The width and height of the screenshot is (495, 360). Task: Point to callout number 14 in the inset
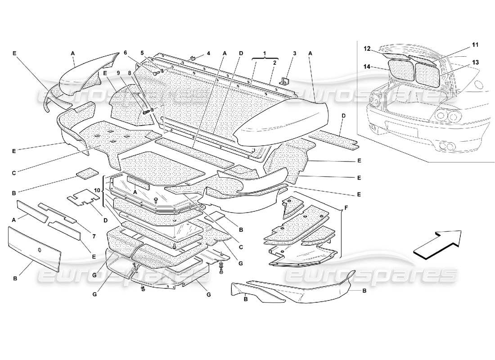click(x=367, y=66)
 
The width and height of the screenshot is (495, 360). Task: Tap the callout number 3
click(x=294, y=54)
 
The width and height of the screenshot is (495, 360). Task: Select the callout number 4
click(x=208, y=54)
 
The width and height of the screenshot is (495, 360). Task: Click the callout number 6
click(x=126, y=53)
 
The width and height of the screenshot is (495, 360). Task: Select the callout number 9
click(x=119, y=72)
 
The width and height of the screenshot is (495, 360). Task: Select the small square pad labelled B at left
click(x=87, y=173)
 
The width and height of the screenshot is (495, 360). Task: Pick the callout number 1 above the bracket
click(x=265, y=54)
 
